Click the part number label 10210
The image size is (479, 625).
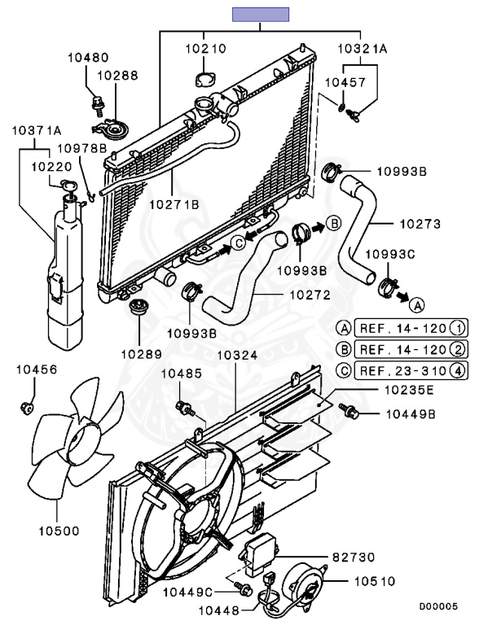click(x=205, y=49)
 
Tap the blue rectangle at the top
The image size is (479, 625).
click(x=261, y=15)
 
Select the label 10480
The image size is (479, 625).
click(x=88, y=58)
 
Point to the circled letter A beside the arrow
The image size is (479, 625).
click(x=417, y=305)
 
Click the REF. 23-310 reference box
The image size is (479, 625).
click(x=411, y=371)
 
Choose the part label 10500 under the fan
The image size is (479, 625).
click(x=59, y=531)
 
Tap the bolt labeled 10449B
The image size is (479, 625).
click(x=349, y=410)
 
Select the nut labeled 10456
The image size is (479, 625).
click(x=26, y=408)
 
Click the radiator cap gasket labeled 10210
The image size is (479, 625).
click(x=204, y=79)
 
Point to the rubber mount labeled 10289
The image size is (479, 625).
click(x=138, y=306)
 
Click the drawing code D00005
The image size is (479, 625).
click(x=438, y=606)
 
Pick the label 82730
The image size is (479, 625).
click(x=354, y=557)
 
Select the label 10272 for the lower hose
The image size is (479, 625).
click(x=310, y=295)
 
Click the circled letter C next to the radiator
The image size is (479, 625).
click(x=239, y=243)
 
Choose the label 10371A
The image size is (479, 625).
click(x=37, y=130)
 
